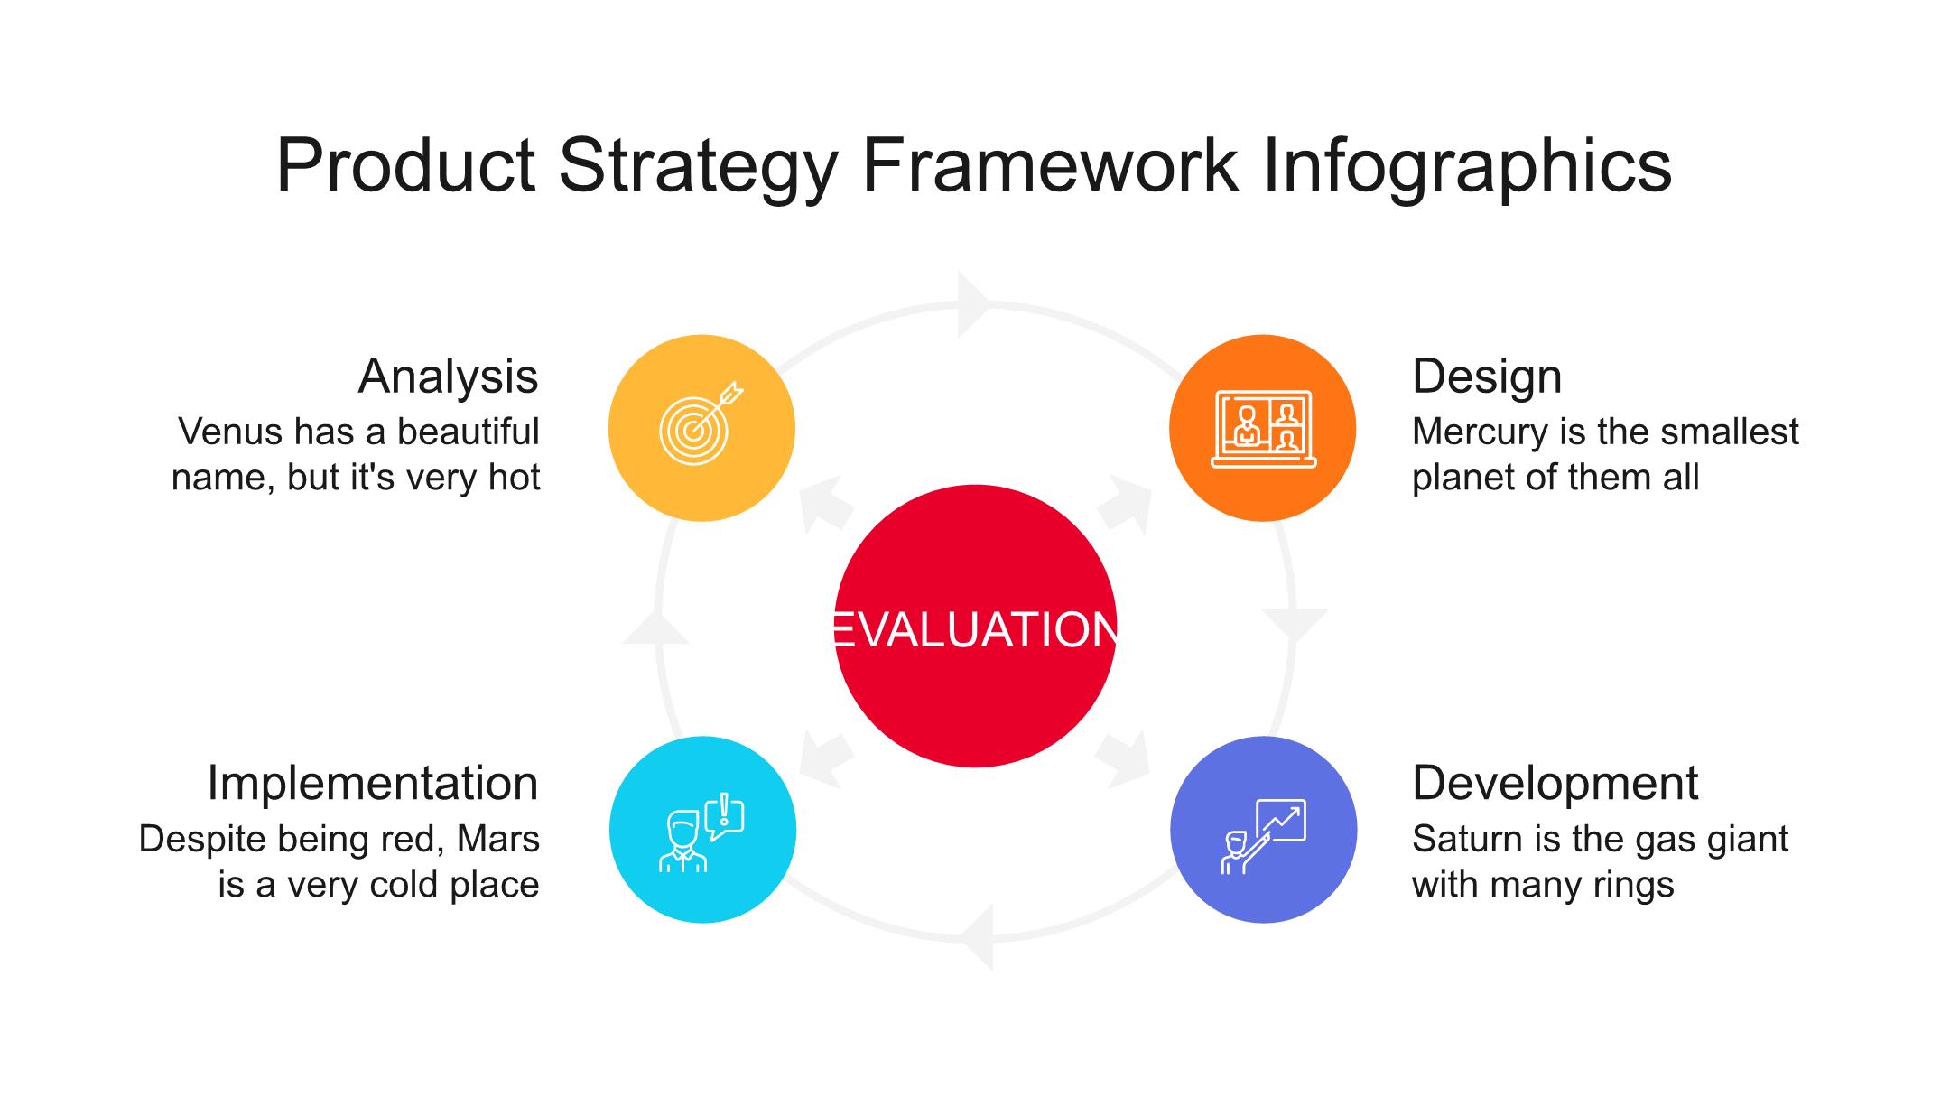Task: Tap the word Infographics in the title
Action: coord(1467,166)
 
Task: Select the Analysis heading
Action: coord(448,377)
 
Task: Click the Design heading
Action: coord(1487,377)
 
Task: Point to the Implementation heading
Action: coord(373,783)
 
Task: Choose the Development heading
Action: coord(1555,784)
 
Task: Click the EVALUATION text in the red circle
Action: coord(975,629)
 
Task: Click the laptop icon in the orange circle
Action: coord(1263,429)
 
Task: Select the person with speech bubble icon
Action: coord(701,832)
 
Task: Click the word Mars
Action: coord(498,840)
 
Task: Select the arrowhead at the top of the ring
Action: coord(975,304)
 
